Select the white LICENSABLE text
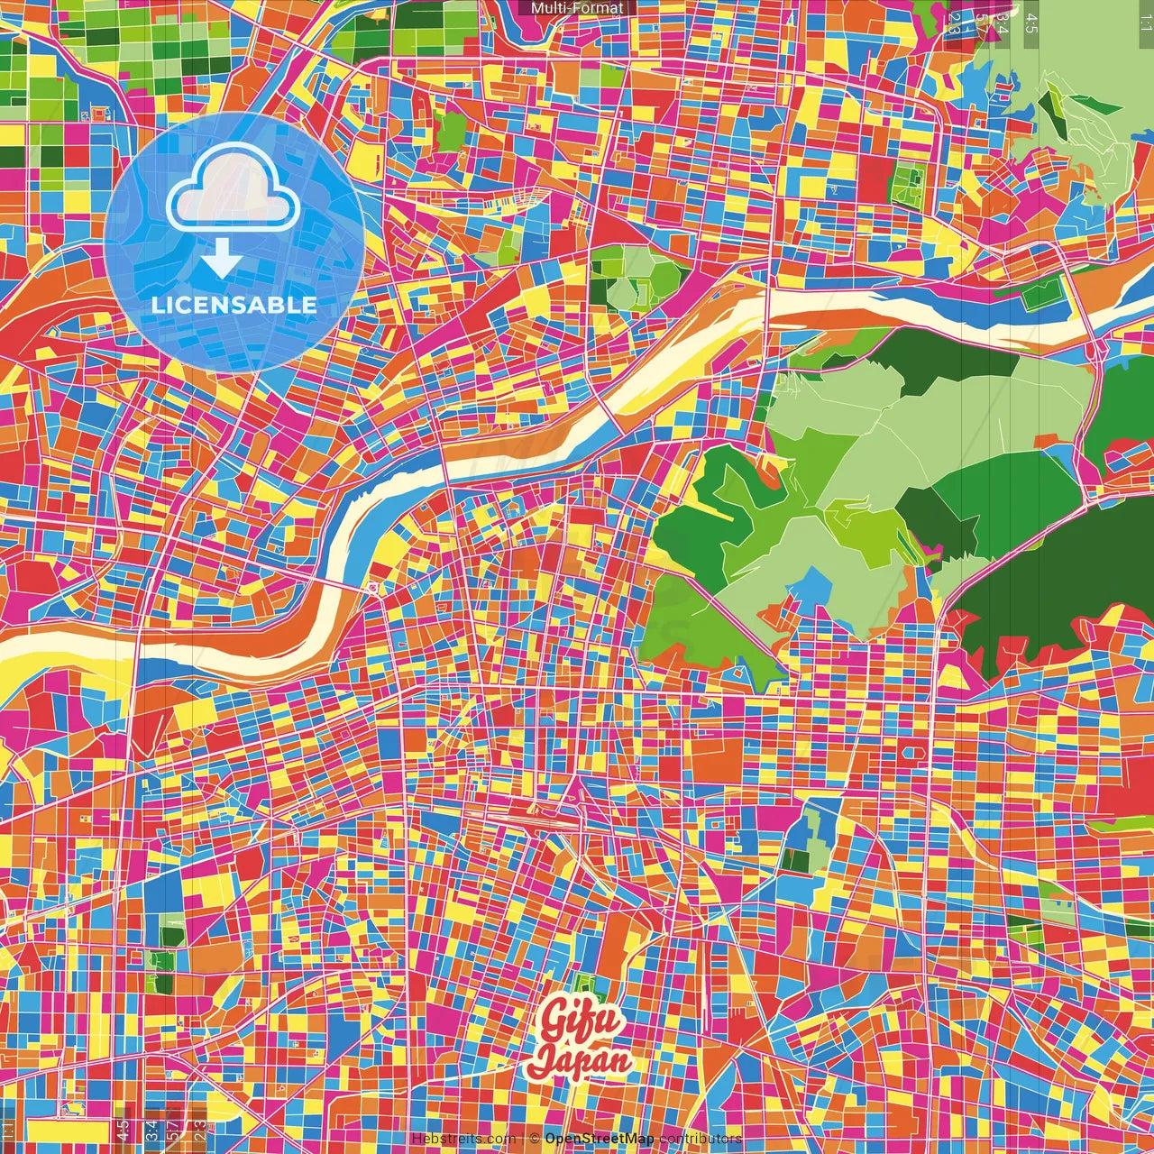click(234, 305)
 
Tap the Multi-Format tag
click(576, 8)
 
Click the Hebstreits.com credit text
click(463, 1139)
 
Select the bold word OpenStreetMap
click(600, 1139)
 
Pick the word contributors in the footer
click(700, 1139)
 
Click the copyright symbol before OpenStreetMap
click(535, 1139)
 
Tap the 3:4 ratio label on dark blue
click(151, 1126)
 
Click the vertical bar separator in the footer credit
click(522, 1139)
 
